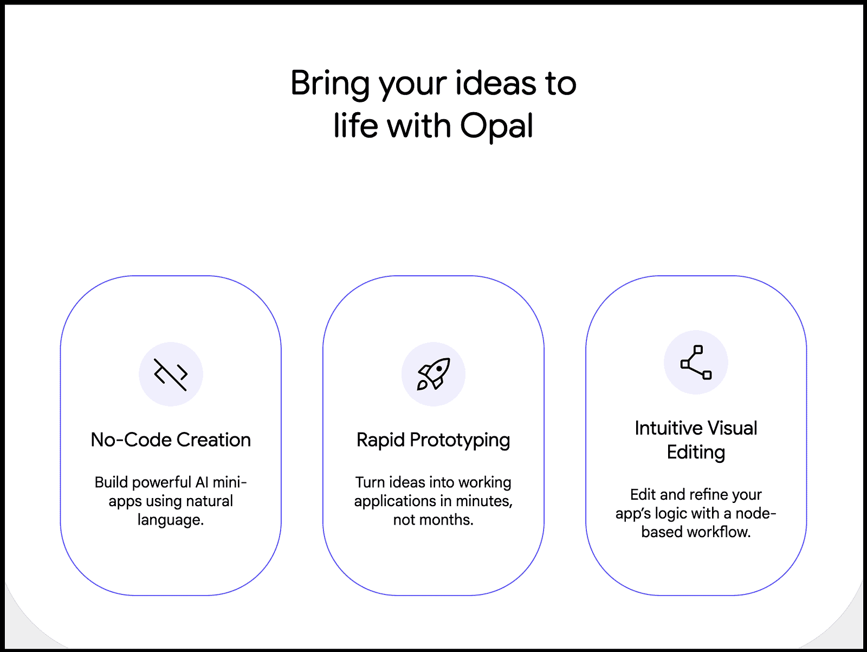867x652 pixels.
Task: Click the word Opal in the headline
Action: point(496,126)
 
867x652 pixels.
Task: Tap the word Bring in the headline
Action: point(329,83)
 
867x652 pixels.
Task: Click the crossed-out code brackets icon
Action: point(171,374)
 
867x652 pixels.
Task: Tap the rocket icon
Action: point(433,374)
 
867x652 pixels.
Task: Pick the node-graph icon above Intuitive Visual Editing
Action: point(696,362)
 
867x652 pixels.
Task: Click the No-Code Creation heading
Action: point(171,440)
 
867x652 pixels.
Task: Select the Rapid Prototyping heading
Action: point(433,440)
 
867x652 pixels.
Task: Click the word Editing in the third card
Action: point(696,452)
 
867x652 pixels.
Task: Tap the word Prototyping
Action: point(460,440)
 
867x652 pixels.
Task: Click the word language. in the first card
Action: point(171,520)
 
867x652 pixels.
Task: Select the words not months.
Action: point(433,520)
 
